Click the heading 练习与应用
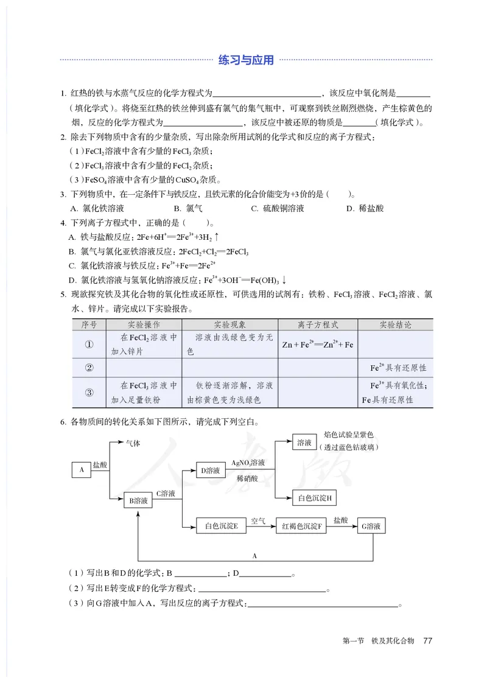pyautogui.click(x=246, y=60)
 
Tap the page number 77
pyautogui.click(x=427, y=640)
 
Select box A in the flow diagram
pyautogui.click(x=81, y=469)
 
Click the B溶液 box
pyautogui.click(x=138, y=500)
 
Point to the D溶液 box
pyautogui.click(x=211, y=470)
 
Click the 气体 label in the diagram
pyautogui.click(x=133, y=443)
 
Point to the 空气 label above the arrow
pyautogui.click(x=258, y=521)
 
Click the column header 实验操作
pyautogui.click(x=144, y=325)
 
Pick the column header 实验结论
pyautogui.click(x=395, y=325)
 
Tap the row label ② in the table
pyautogui.click(x=89, y=368)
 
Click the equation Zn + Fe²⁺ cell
pyautogui.click(x=318, y=345)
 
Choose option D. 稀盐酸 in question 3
pyautogui.click(x=365, y=208)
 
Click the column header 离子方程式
pyautogui.click(x=318, y=325)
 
